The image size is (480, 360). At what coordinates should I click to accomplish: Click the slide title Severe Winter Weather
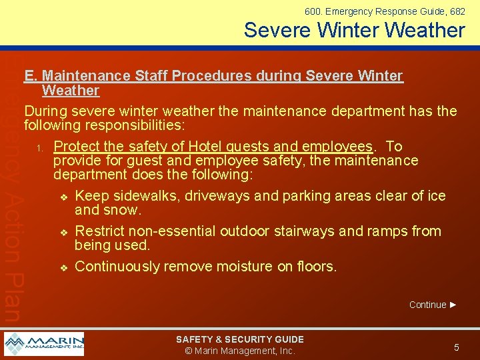coord(354,30)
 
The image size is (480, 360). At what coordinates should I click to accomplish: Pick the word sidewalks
coord(145,196)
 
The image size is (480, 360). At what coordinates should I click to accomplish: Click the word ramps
coord(385,231)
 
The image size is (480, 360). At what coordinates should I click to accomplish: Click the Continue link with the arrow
coord(433,305)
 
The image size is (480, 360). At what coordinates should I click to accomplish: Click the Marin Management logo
coord(44,344)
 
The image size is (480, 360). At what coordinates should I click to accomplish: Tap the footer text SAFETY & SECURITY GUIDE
coord(240,339)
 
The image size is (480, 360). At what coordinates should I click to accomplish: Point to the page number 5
coord(457,347)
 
